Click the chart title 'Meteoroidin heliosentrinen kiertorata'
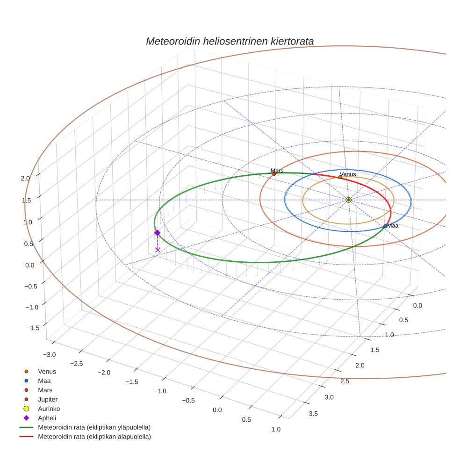coord(230,41)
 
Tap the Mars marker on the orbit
coord(274,174)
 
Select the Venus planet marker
coord(340,177)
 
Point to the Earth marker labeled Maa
coord(385,226)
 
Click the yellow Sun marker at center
coord(349,200)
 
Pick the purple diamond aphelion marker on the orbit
coord(158,233)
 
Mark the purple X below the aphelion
coord(158,250)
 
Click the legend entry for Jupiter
coord(48,400)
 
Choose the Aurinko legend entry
coord(49,409)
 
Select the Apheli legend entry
coord(47,418)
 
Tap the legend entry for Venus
coord(47,372)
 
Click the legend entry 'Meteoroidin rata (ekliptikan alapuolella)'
coord(94,437)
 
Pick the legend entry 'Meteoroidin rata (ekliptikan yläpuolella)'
coord(94,427)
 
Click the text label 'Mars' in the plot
coord(277,171)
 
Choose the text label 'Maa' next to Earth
coord(393,226)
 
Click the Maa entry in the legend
coord(44,381)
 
